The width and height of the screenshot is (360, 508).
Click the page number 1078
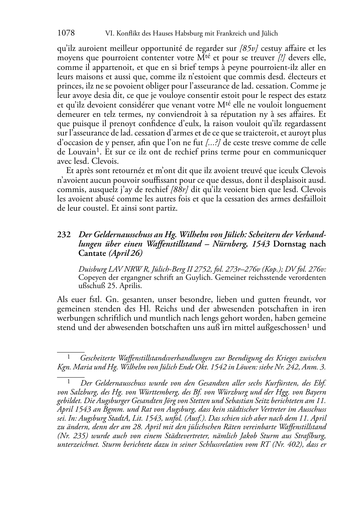coord(66,33)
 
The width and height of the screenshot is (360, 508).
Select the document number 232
coord(63,235)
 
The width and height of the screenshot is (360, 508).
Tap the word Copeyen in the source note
coord(91,277)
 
